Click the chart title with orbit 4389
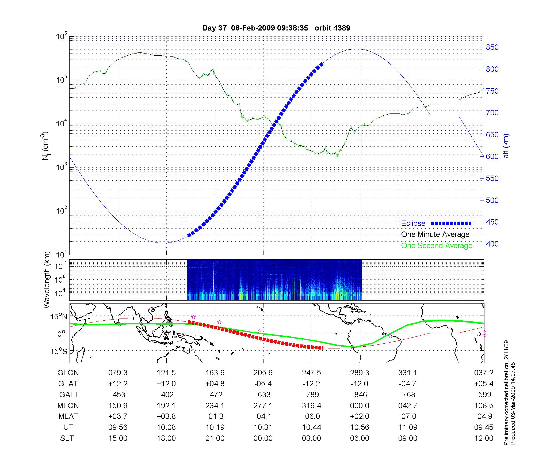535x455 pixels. coord(276,28)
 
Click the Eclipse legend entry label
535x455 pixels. coord(413,223)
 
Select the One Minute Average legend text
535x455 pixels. coord(435,234)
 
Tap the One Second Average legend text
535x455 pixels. coord(437,246)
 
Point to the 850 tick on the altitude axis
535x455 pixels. coord(492,47)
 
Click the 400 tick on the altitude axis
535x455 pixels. coord(492,244)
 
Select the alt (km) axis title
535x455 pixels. coord(506,146)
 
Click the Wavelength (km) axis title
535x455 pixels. coord(47,280)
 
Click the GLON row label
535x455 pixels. coord(68,373)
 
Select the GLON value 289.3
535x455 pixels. coord(360,373)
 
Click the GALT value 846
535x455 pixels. coord(360,395)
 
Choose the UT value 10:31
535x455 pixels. coord(263,427)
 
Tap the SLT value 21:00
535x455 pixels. coord(215,438)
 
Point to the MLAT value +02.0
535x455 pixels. coord(360,416)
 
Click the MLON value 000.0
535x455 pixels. coord(360,406)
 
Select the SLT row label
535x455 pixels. coord(67,438)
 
